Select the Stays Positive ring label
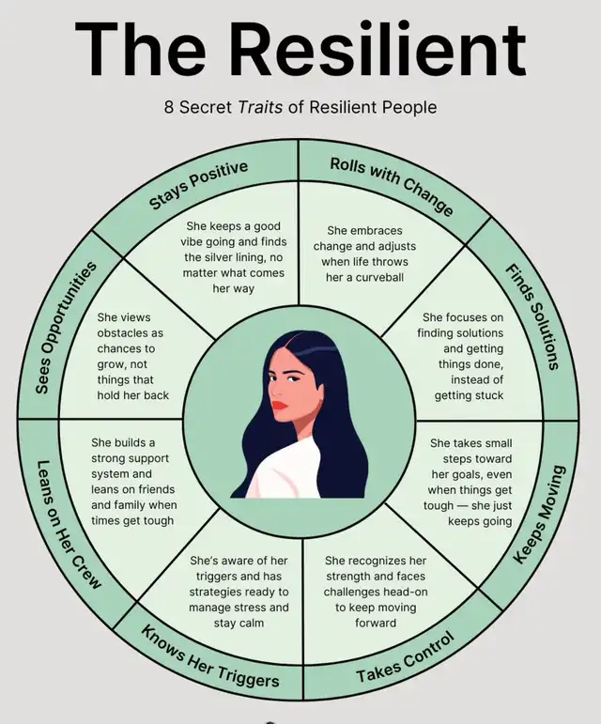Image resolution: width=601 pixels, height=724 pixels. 198,185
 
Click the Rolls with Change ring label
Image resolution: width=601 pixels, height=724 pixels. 392,185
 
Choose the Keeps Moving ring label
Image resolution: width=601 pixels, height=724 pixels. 544,513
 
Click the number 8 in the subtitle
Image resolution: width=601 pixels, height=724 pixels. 169,107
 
